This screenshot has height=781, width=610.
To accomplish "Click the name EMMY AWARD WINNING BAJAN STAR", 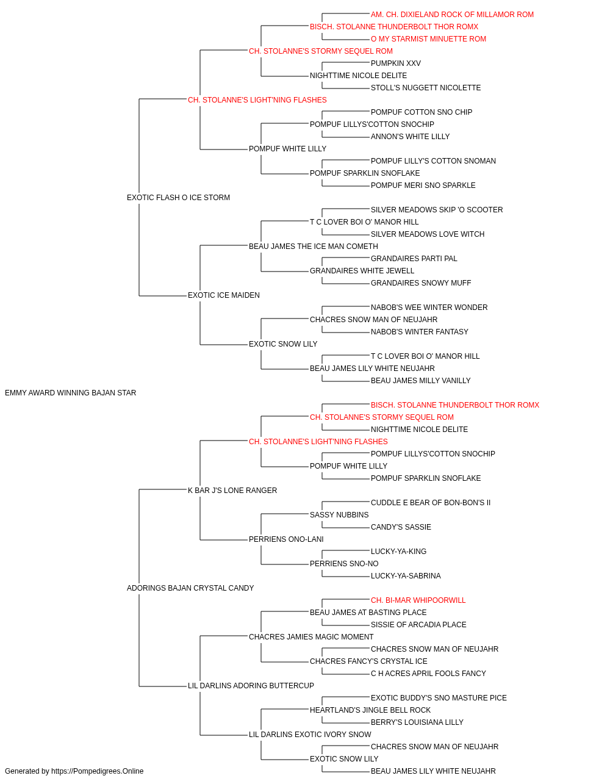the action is coord(70,393).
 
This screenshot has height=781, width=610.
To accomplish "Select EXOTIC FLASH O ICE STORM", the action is coord(178,198).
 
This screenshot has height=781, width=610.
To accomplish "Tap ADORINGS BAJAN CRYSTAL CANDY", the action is coord(190,588).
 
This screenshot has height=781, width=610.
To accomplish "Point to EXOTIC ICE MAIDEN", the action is coord(223,295).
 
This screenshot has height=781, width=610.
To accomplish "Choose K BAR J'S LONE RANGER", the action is coord(232,491).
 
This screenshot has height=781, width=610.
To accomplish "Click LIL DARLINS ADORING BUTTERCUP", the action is coord(251,686).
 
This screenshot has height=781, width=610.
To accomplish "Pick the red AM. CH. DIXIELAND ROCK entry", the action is coord(452,15).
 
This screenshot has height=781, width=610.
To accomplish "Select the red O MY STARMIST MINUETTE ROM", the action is coord(428,39).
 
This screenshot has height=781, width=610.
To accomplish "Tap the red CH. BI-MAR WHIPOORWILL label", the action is coord(418,600).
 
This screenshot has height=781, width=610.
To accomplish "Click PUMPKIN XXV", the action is coord(395,63).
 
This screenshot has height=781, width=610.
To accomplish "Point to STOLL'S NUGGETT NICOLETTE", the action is coord(426,88).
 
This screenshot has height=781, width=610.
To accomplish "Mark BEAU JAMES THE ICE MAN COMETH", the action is coord(314,247).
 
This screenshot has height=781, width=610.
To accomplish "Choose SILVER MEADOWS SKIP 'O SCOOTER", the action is coord(437,210).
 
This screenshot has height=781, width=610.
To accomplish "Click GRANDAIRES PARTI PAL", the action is coord(414,259).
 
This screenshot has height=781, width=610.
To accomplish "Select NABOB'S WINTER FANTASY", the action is coord(420,332).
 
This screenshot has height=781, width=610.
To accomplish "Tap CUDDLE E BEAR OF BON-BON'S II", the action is coord(431,503).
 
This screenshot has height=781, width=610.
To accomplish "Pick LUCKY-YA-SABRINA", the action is coord(406,576).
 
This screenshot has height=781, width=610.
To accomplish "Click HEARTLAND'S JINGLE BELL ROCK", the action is coord(370,710).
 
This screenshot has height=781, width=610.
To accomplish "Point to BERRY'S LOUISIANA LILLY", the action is coord(417,722).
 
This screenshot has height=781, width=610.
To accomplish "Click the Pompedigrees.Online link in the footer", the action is coord(98,771).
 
